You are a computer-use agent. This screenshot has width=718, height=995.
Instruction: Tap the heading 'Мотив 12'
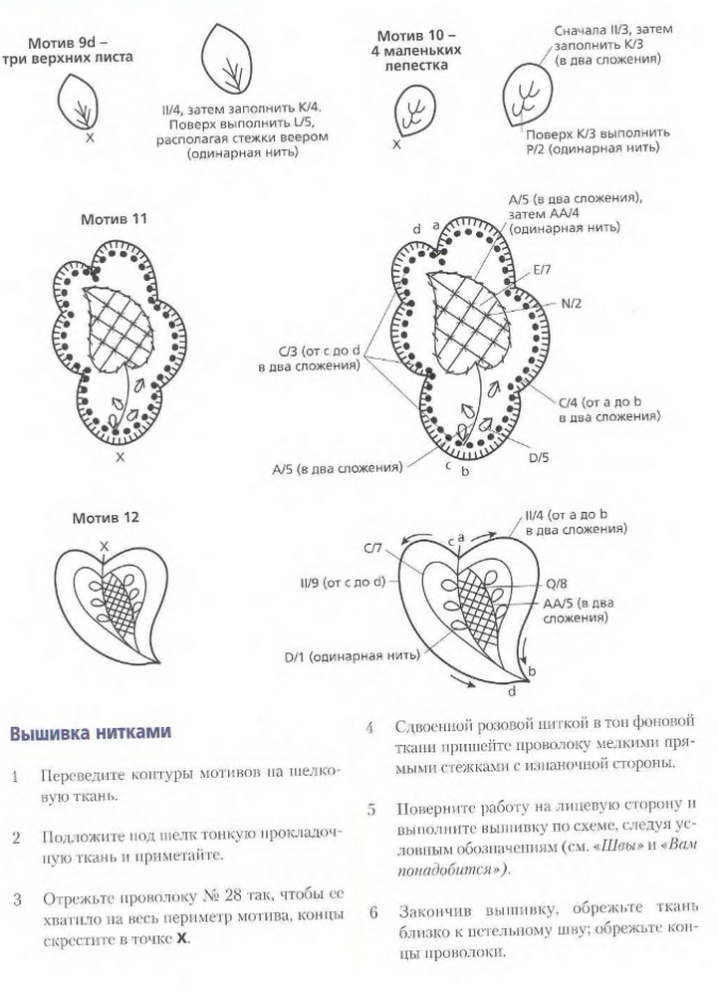click(x=106, y=518)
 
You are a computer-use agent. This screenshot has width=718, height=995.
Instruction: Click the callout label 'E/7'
click(x=544, y=269)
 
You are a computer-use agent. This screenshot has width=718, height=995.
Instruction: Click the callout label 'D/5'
click(x=540, y=458)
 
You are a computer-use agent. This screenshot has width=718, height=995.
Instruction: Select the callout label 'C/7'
click(x=373, y=548)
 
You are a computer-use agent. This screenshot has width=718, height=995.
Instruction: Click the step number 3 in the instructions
click(x=17, y=899)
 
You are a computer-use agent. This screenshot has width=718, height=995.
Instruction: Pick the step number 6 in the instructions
click(x=371, y=910)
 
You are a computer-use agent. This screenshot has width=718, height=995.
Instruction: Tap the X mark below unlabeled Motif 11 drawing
click(x=120, y=457)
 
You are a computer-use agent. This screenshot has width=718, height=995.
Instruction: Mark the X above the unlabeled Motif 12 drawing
click(x=103, y=545)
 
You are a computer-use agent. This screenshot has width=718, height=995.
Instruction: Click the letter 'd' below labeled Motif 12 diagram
click(x=512, y=691)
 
